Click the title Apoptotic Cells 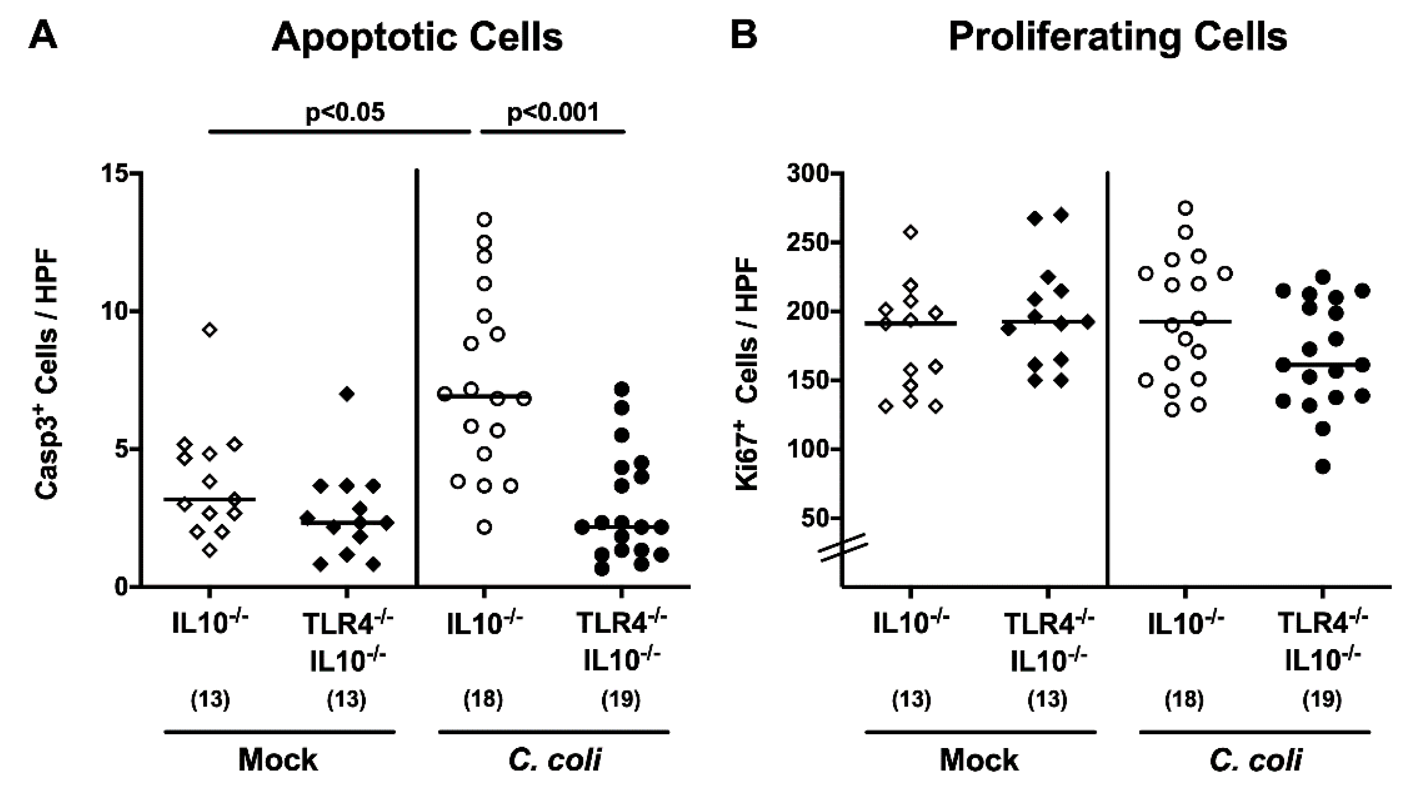(417, 38)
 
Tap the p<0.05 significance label (344, 112)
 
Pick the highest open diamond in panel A (210, 329)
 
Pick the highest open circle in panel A (484, 220)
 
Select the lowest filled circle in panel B (1322, 466)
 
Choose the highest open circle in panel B (1185, 208)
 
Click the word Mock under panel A (278, 760)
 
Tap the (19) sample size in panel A (621, 699)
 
